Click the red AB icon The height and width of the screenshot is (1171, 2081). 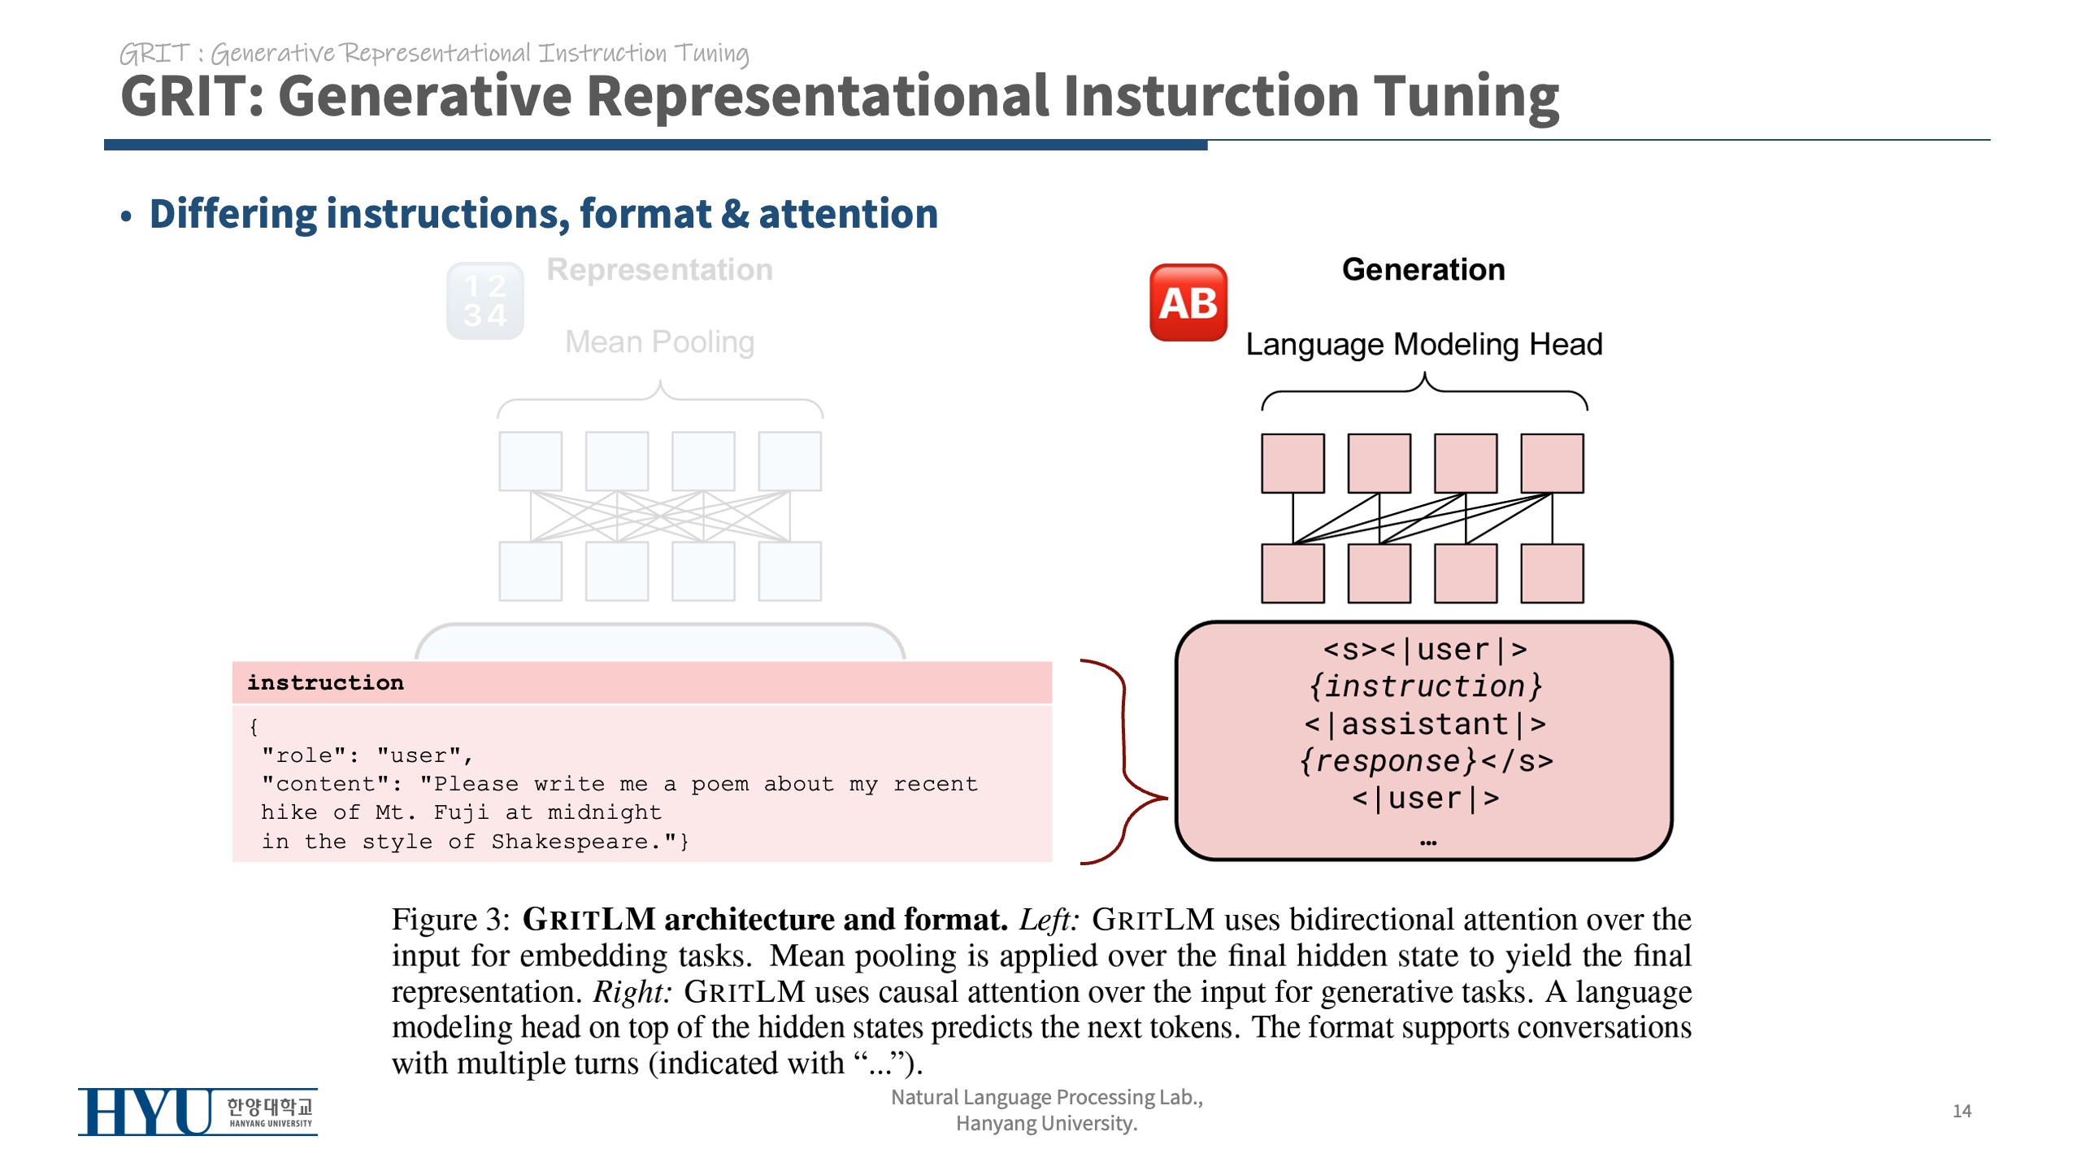[1188, 303]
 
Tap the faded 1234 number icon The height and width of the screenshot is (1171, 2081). [485, 301]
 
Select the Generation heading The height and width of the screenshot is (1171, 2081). [1423, 269]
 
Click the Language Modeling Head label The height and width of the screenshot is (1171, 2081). [1423, 344]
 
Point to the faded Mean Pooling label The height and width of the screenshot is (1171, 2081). [659, 342]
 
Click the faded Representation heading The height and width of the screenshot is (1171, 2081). [659, 269]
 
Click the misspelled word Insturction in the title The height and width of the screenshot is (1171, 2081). [1211, 96]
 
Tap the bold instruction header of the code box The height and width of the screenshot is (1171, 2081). [325, 682]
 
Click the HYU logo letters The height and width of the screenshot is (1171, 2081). [146, 1112]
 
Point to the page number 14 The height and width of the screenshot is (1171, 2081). [1962, 1111]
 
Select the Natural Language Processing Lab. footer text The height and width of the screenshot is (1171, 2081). [1046, 1097]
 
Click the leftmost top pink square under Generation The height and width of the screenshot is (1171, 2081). [1292, 464]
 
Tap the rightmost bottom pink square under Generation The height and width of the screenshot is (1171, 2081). [1552, 573]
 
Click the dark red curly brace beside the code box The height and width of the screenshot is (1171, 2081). [1124, 761]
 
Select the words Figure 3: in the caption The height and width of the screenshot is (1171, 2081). [450, 920]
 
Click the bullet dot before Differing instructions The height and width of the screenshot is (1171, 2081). [126, 216]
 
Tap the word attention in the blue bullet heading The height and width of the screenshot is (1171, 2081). [848, 214]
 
